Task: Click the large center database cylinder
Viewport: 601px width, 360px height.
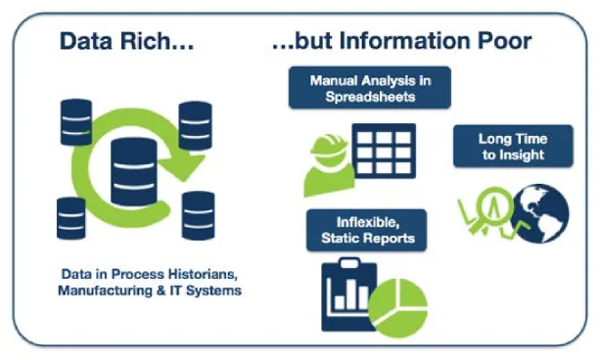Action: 134,172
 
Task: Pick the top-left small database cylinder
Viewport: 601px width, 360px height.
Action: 76,122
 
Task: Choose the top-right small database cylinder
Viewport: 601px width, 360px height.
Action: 195,125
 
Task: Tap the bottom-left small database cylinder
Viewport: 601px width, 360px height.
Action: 70,219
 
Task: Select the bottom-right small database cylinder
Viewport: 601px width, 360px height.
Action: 198,215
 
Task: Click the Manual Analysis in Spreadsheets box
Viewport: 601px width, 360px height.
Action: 370,88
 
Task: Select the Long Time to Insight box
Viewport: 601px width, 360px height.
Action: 513,146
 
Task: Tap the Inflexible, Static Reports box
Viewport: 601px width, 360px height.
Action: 367,230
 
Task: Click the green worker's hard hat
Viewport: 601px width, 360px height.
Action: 329,146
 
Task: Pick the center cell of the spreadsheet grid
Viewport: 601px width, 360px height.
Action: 384,153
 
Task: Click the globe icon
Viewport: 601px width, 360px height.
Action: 540,213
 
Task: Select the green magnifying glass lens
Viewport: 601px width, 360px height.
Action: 494,205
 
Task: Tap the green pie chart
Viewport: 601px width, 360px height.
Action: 397,308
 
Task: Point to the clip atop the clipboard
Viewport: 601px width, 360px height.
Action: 349,263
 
